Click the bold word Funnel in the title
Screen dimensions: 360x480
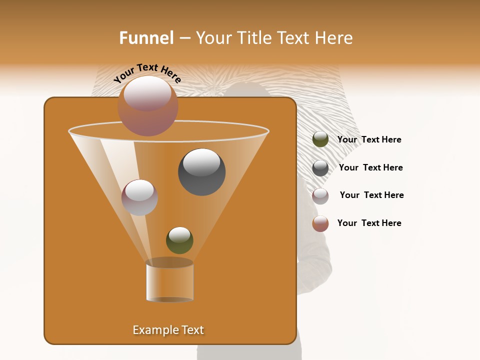(146, 38)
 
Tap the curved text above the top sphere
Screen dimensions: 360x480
(147, 72)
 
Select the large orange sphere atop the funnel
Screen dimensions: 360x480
(148, 106)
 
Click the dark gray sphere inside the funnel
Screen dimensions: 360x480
(202, 172)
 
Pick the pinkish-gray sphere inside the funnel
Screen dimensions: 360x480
(139, 197)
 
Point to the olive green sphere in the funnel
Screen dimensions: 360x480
(179, 240)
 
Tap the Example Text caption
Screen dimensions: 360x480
(168, 330)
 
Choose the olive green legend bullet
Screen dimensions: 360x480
(320, 139)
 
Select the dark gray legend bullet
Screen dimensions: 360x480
(320, 168)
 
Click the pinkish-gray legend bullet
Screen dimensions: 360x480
(320, 196)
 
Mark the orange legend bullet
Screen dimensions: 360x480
(320, 223)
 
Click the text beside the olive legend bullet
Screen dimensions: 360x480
(369, 139)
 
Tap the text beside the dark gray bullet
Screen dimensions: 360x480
(370, 167)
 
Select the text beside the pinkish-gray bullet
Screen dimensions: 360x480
(371, 195)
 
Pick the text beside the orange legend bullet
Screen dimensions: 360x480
(369, 223)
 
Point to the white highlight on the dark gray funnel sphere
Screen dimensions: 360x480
(201, 162)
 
